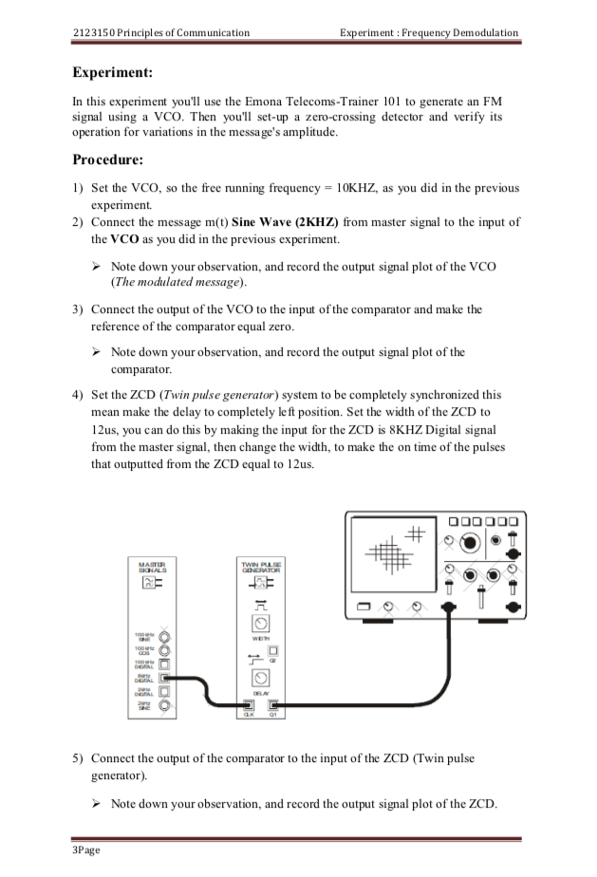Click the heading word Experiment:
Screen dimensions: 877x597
[x=113, y=71]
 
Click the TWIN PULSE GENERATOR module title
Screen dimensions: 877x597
[x=260, y=567]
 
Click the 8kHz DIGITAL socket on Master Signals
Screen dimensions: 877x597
[x=164, y=677]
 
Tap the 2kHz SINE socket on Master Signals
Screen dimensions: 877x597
[x=164, y=704]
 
